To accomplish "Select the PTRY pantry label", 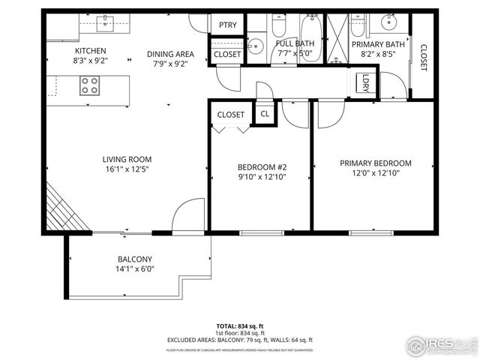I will pyautogui.click(x=228, y=25).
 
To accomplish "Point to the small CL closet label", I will pyautogui.click(x=265, y=114).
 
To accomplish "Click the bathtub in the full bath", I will pyautogui.click(x=309, y=31).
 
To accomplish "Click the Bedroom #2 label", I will pyautogui.click(x=262, y=166).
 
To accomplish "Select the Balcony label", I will pyautogui.click(x=134, y=259).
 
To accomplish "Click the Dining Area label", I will pyautogui.click(x=170, y=54).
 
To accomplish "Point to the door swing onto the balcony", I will pyautogui.click(x=187, y=217).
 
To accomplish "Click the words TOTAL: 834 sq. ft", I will pyautogui.click(x=240, y=326).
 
